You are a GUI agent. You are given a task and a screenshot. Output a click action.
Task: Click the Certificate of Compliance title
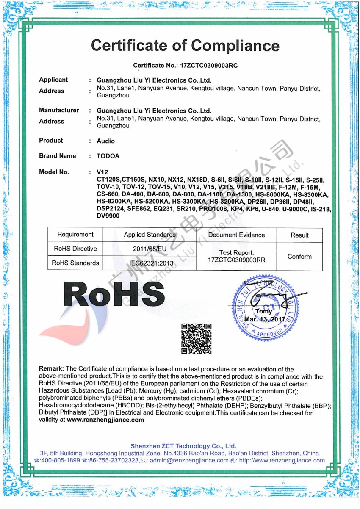pyautogui.click(x=185, y=45)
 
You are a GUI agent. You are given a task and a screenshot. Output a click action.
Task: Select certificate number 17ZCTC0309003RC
pyautogui.click(x=209, y=66)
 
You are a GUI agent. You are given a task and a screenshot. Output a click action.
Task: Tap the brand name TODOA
pyautogui.click(x=108, y=156)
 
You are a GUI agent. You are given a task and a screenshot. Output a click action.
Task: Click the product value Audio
pyautogui.click(x=105, y=141)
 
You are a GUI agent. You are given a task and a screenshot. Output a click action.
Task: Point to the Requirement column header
pyautogui.click(x=75, y=235)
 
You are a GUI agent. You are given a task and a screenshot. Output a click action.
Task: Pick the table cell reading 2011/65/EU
pyautogui.click(x=150, y=249)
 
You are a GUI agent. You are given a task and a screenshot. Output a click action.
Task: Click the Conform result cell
pyautogui.click(x=299, y=257)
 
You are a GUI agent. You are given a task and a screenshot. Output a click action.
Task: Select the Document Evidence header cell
pyautogui.click(x=236, y=235)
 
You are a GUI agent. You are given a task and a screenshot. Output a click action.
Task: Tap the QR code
pyautogui.click(x=196, y=338)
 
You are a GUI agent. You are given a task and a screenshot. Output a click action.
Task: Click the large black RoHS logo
pyautogui.click(x=114, y=293)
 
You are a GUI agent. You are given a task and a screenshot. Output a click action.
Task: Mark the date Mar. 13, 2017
pyautogui.click(x=265, y=319)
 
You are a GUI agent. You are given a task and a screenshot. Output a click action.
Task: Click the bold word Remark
pyautogui.click(x=51, y=369)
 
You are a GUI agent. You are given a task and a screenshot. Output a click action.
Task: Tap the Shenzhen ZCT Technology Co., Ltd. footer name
pyautogui.click(x=183, y=446)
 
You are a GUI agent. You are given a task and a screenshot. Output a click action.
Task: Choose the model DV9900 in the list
pyautogui.click(x=108, y=216)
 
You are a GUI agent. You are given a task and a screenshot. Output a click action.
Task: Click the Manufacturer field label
pyautogui.click(x=59, y=110)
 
